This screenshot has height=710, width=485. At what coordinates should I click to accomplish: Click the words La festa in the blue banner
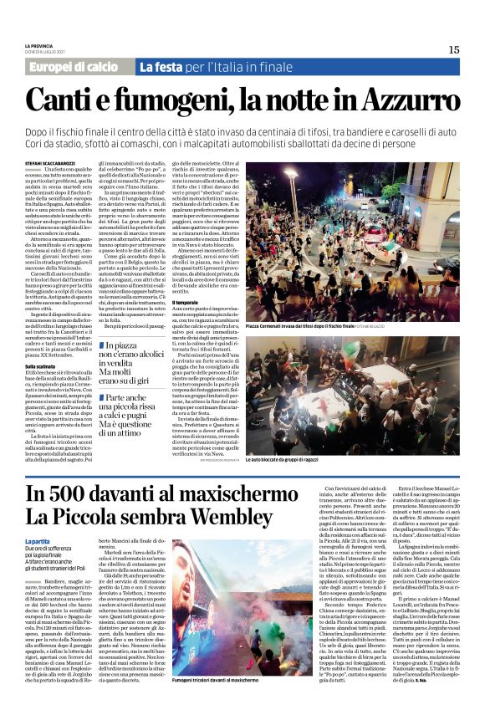pos(160,67)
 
